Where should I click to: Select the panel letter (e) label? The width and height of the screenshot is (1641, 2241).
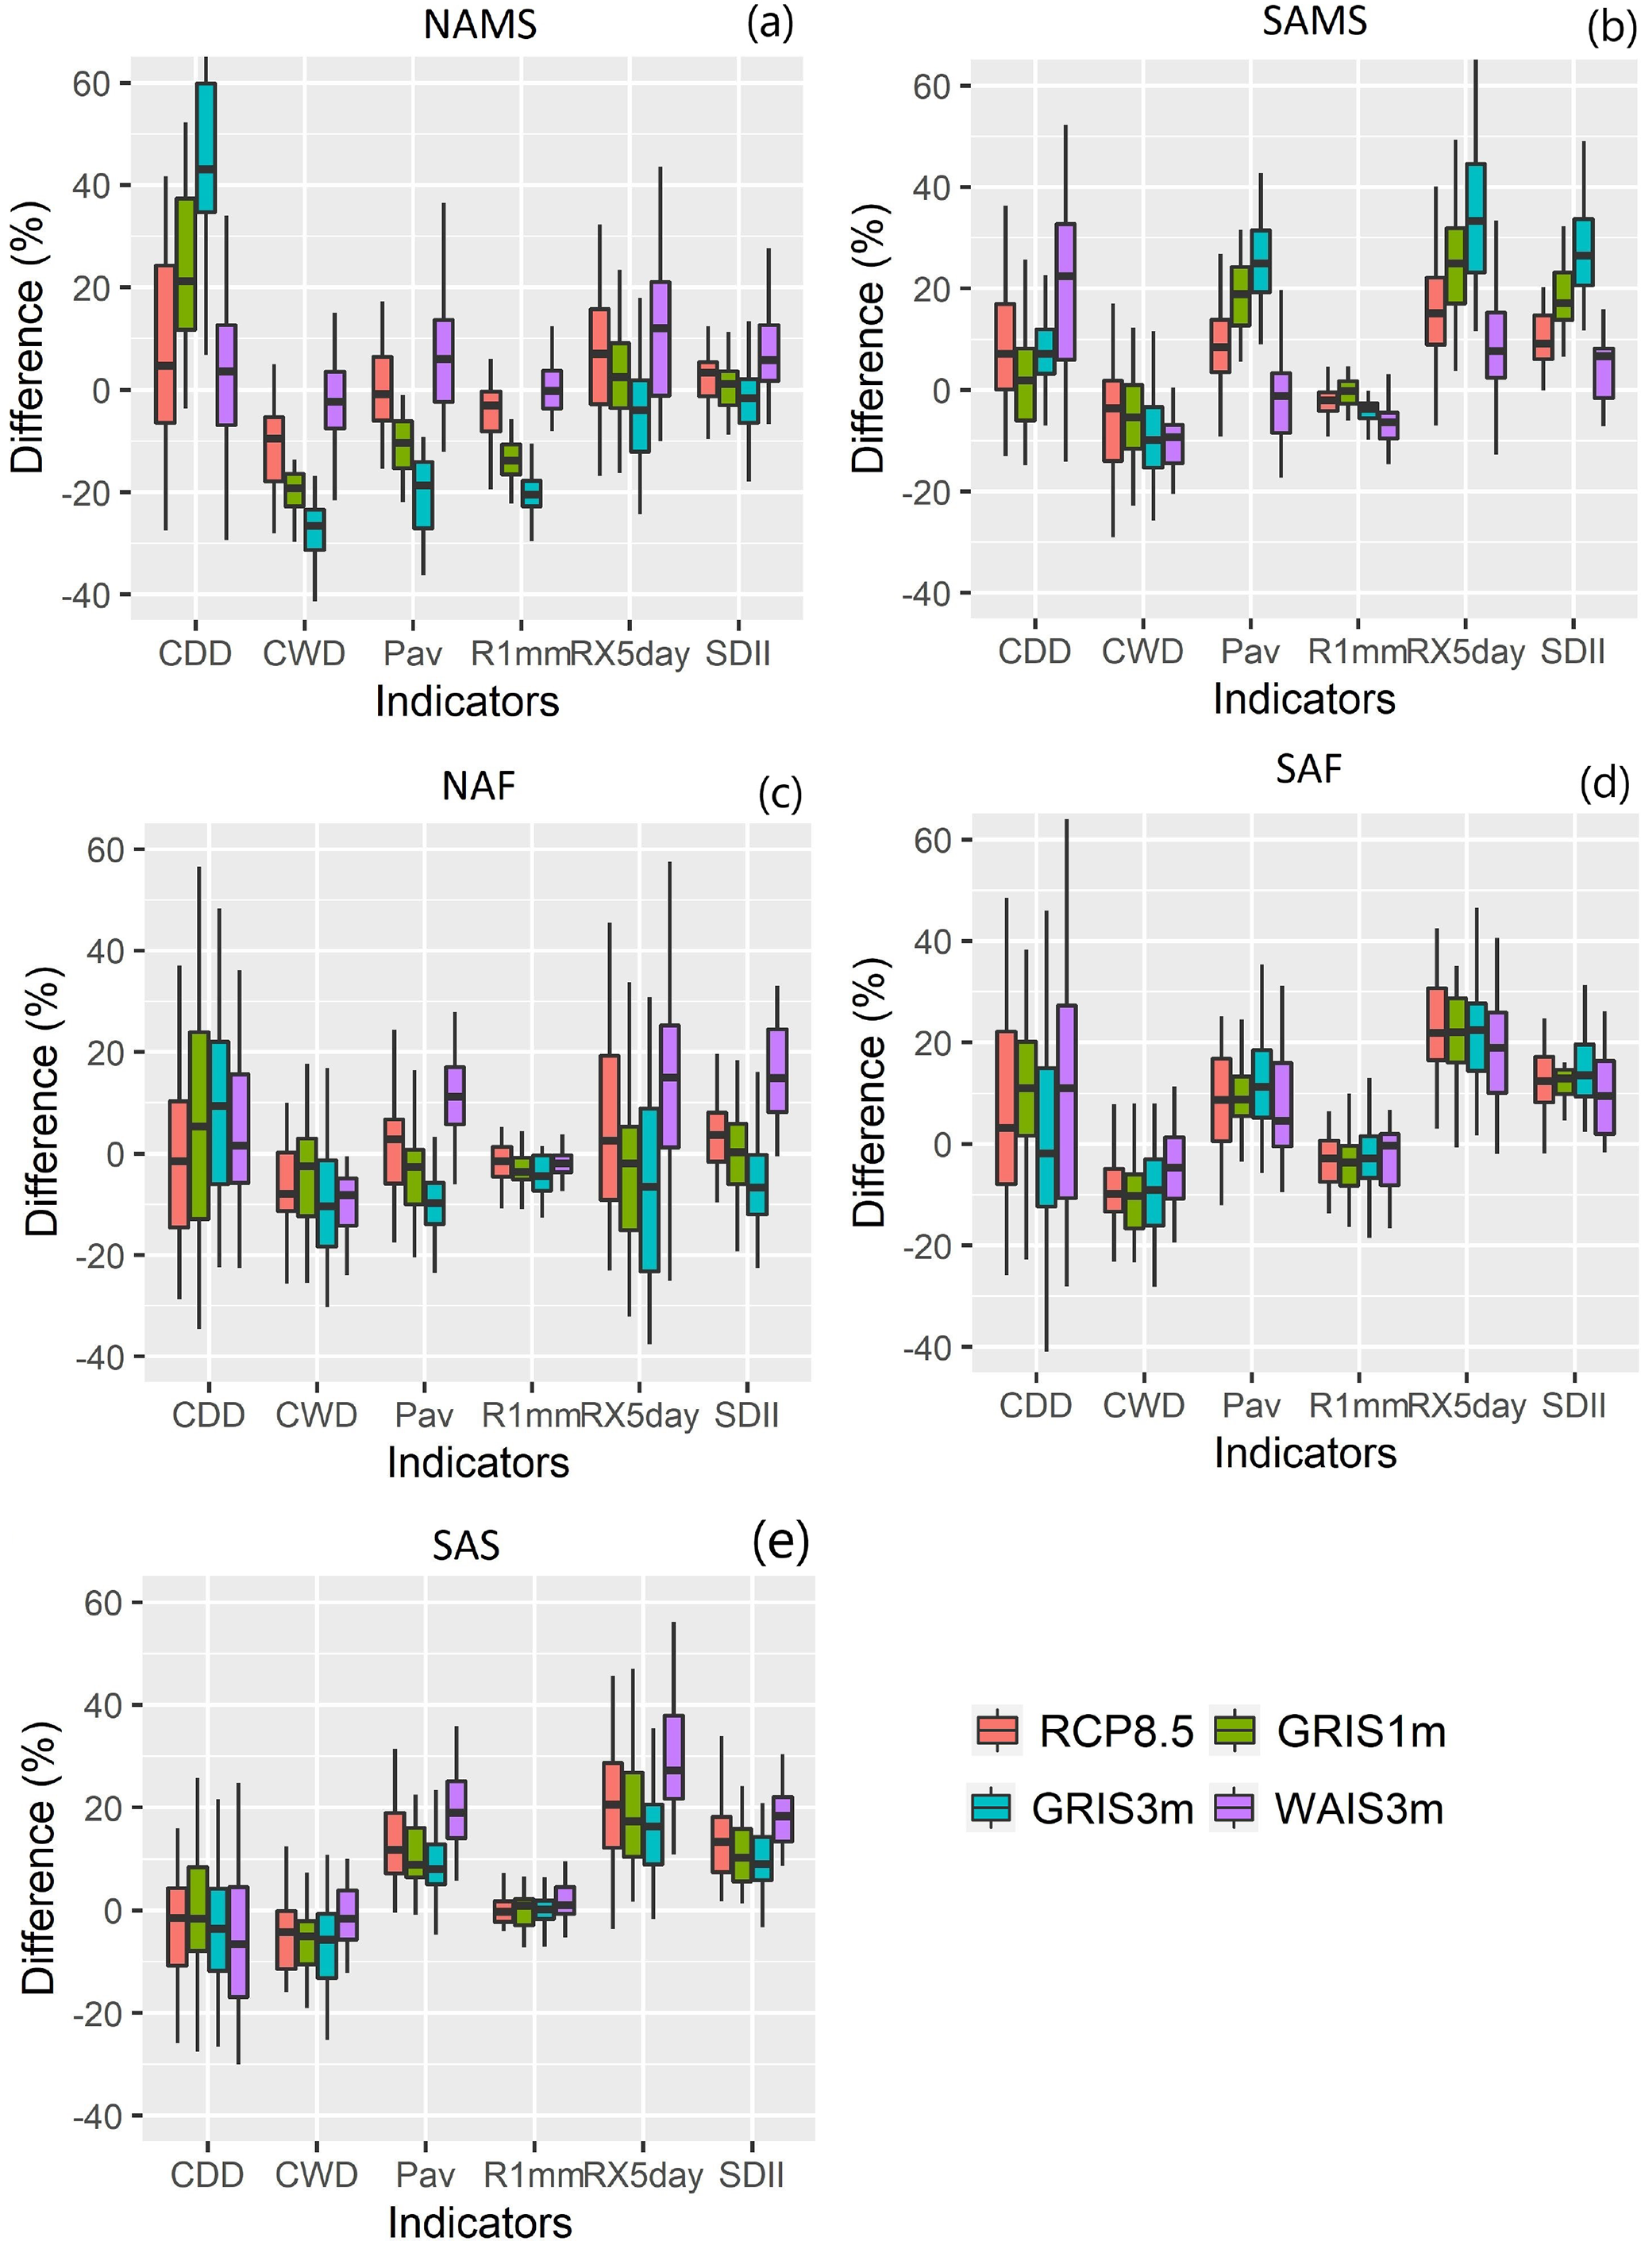pos(780,1541)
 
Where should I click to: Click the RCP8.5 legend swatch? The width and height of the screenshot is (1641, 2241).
pos(997,1730)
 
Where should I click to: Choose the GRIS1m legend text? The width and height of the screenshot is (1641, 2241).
pos(1360,1731)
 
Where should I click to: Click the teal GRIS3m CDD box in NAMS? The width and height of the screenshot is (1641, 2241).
pos(206,147)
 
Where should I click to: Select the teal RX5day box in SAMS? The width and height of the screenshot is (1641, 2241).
pos(1475,218)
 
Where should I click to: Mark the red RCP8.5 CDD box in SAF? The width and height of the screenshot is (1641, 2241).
pos(1006,1107)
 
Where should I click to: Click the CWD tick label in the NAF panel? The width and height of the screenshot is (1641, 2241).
pos(316,1415)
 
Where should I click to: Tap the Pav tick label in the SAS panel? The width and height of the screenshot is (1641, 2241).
pos(426,2174)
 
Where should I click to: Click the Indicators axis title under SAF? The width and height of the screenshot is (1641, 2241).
pos(1304,1452)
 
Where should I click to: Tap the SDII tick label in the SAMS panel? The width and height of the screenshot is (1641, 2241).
pos(1573,652)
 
